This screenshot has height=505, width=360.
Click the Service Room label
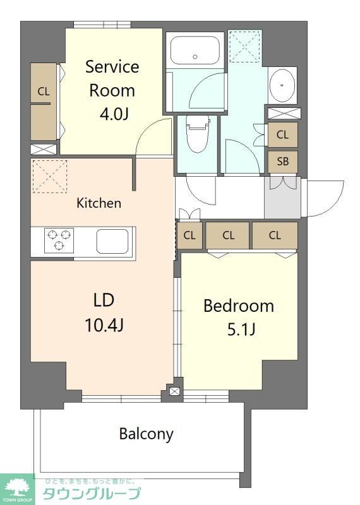[x=112, y=78]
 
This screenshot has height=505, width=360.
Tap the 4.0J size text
[x=112, y=115]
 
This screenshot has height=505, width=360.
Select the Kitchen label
[x=99, y=203]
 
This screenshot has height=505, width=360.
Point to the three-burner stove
[x=58, y=241]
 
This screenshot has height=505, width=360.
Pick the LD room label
[x=104, y=299]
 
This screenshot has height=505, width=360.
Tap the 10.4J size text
[x=104, y=325]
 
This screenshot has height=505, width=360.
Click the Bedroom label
[x=238, y=306]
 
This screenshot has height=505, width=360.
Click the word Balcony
[x=146, y=434]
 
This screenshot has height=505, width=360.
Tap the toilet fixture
[x=196, y=133]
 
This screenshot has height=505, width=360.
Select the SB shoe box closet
[x=282, y=162]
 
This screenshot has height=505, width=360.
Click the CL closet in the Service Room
[x=43, y=101]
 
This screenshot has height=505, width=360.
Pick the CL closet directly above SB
[x=282, y=134]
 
